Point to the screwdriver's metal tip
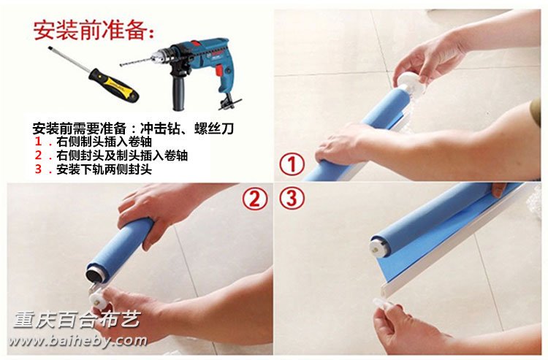50,47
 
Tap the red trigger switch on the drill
219,71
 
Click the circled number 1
292,165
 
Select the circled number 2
255,199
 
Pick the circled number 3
292,199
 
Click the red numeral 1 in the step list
39,142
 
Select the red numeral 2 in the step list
39,156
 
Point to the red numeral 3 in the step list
39,169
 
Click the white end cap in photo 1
410,85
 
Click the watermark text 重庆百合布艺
77,320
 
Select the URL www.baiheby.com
78,341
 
